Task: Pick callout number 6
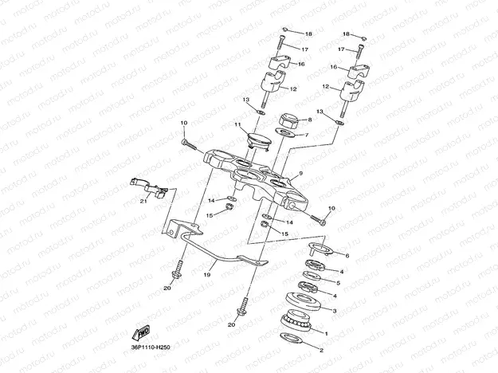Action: (x=346, y=255)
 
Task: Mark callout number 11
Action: (x=237, y=125)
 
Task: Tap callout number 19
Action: (x=206, y=273)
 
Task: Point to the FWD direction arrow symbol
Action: (x=141, y=333)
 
